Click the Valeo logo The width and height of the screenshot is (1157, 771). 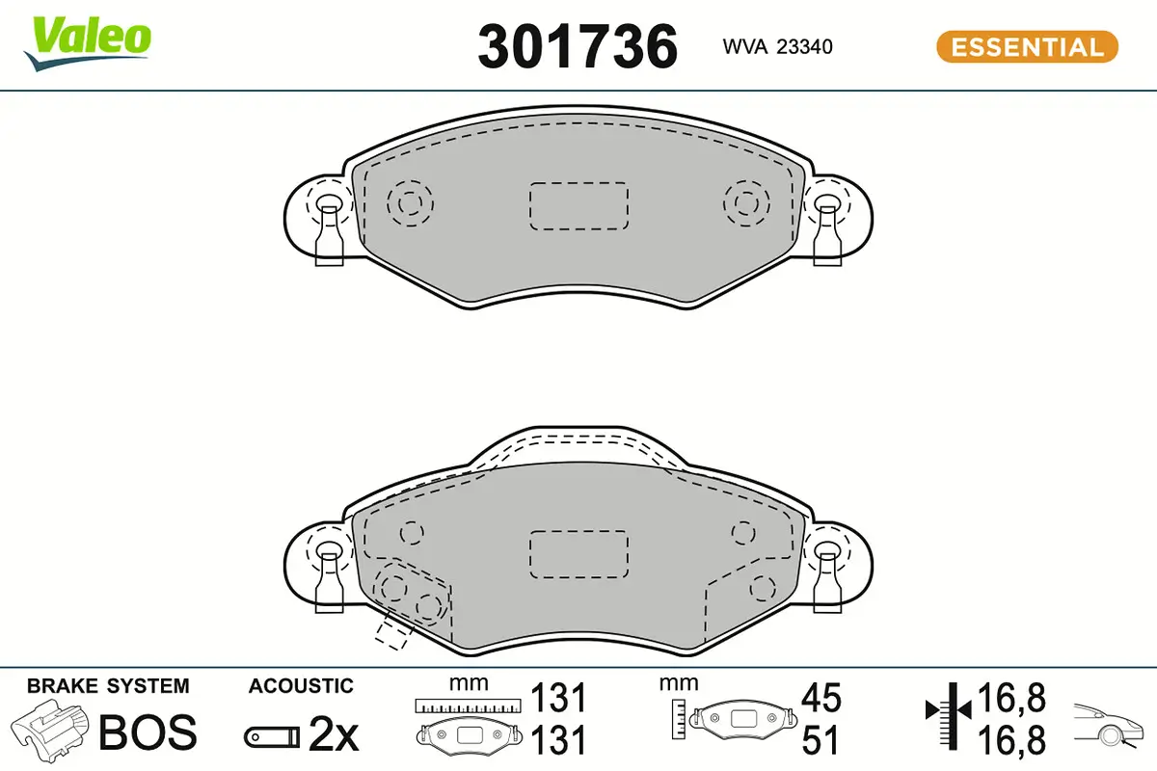tap(88, 44)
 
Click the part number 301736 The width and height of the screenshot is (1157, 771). tap(578, 46)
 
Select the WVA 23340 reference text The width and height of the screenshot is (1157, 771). tap(777, 46)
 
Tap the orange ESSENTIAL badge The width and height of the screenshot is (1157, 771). tap(1028, 47)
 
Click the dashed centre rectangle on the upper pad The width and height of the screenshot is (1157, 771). tap(579, 205)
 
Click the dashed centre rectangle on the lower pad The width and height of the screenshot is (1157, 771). tap(579, 553)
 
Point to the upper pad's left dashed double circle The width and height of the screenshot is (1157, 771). tap(410, 203)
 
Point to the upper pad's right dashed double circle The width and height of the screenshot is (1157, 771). tap(746, 203)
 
